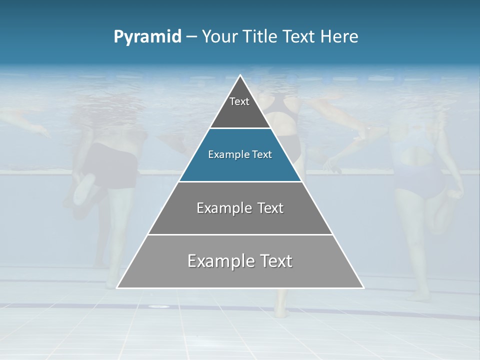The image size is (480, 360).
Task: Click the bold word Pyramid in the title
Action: [x=147, y=37]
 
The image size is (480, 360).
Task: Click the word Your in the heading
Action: [x=219, y=37]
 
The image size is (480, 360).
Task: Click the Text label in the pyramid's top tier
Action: [x=239, y=101]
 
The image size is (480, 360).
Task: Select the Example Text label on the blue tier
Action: [x=240, y=154]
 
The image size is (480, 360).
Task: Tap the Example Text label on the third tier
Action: [x=240, y=208]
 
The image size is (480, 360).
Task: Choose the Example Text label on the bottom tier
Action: [x=240, y=261]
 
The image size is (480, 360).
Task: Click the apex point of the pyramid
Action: [x=240, y=75]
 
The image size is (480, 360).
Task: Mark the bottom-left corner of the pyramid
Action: [x=117, y=287]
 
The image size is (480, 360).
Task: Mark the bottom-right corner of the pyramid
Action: [x=363, y=287]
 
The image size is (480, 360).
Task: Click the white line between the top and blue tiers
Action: [x=240, y=128]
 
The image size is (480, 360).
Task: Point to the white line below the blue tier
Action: [x=240, y=181]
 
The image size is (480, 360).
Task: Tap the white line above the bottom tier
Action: [x=240, y=234]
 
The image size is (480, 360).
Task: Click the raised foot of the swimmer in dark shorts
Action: [x=84, y=187]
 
